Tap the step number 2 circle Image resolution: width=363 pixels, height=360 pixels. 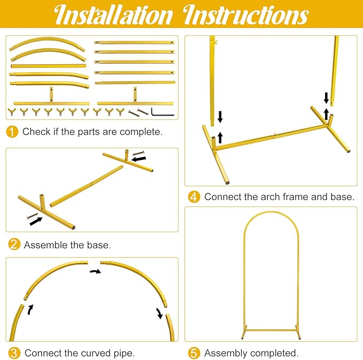(14, 244)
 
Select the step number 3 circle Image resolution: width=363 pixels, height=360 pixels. (14, 353)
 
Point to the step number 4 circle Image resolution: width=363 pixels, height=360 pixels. (194, 197)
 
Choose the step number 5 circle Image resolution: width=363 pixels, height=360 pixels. (194, 353)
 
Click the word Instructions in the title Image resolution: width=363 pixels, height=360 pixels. (246, 16)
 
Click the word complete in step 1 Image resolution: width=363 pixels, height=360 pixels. (141, 132)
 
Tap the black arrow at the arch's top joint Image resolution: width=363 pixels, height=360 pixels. (96, 272)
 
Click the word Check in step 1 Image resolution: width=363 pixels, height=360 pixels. (36, 132)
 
